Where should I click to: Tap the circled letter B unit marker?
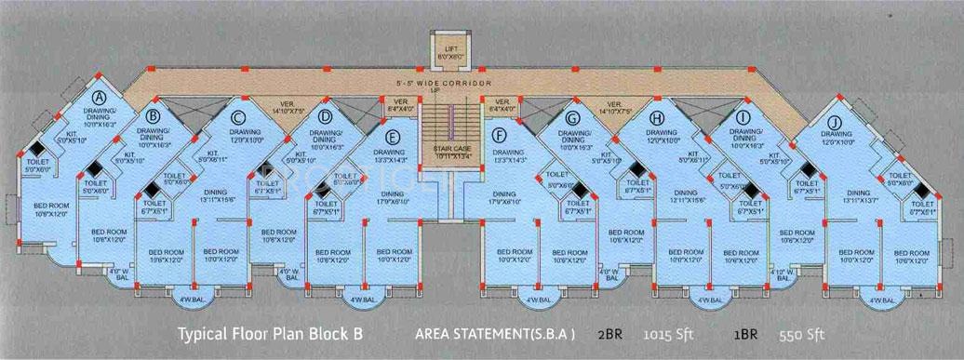[154, 115]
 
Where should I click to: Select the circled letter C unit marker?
[238, 117]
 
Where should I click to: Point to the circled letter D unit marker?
[326, 117]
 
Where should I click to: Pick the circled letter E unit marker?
[394, 138]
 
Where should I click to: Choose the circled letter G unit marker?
[572, 117]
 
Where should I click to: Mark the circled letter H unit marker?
[658, 117]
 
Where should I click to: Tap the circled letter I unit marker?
[743, 117]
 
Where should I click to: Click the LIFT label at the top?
[450, 48]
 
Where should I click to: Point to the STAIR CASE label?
[450, 153]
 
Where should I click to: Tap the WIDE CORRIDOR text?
[452, 84]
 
